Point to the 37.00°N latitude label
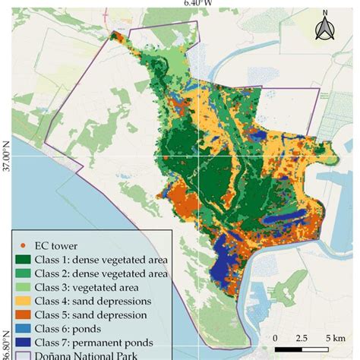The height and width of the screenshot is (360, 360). point(5,156)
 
